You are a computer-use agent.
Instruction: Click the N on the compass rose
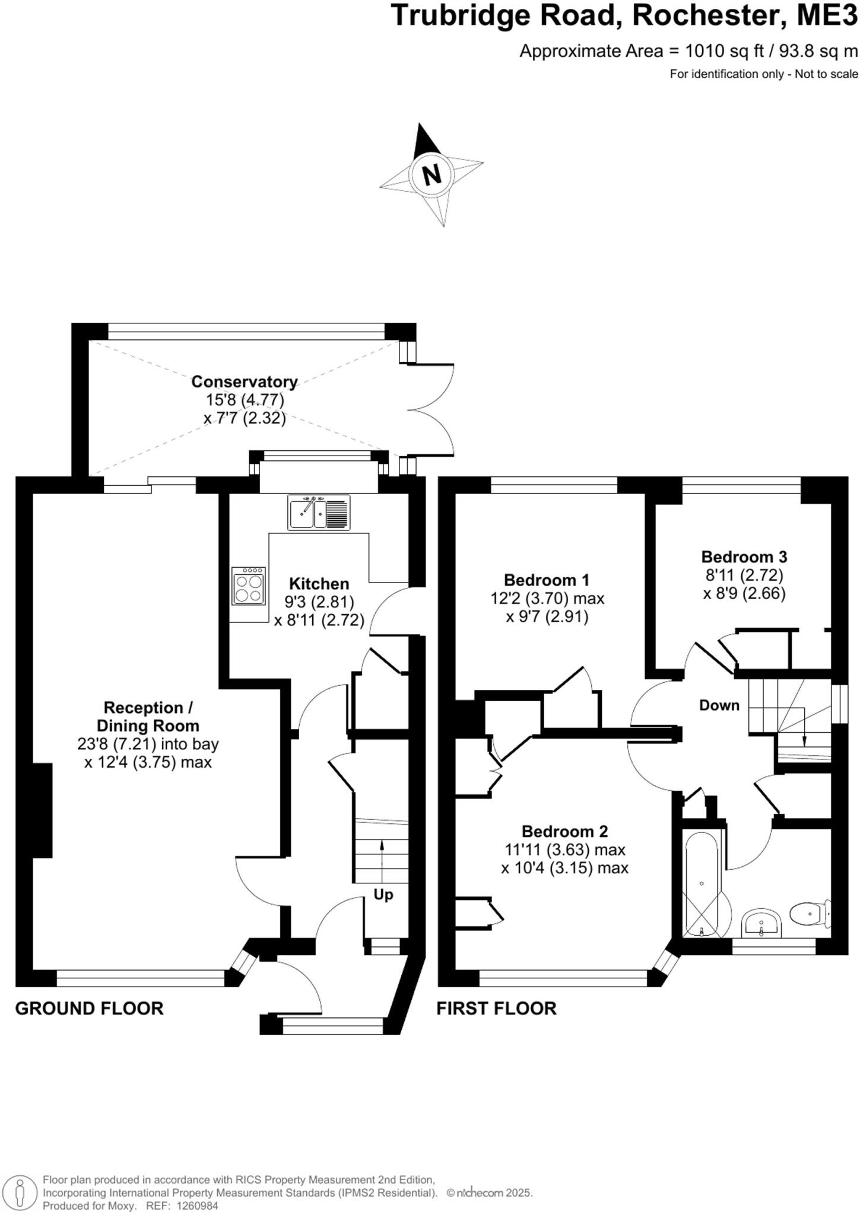tap(432, 174)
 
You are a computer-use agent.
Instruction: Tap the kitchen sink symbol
tap(319, 512)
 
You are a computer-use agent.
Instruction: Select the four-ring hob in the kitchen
tap(248, 586)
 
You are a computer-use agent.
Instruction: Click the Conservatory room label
tap(244, 381)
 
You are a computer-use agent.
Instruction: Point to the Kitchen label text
tap(319, 583)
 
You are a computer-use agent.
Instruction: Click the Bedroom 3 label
tap(744, 556)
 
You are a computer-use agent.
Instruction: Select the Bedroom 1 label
tap(547, 580)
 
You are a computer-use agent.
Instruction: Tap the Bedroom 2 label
tap(564, 831)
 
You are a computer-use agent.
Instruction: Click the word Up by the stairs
tap(383, 894)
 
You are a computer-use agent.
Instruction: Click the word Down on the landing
tap(719, 705)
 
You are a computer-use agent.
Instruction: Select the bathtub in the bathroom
tap(702, 883)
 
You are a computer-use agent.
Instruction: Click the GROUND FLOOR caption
tap(89, 1008)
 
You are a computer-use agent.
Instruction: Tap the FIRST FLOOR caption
tap(496, 1008)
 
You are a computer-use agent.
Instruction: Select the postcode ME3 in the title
tap(827, 16)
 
